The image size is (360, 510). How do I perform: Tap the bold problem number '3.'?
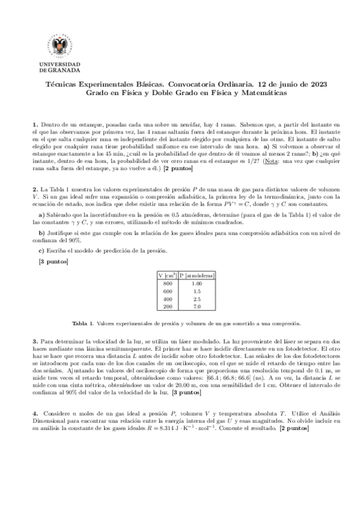(35, 340)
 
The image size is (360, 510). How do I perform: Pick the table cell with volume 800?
(167, 283)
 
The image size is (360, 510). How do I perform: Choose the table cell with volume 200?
(167, 306)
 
